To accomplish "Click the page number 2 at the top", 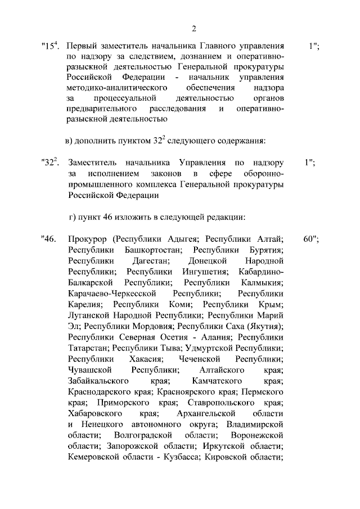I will tap(193, 29).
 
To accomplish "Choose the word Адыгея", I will tap(186, 239).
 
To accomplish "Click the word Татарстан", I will tap(88, 348).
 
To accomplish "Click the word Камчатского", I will tap(205, 380).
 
